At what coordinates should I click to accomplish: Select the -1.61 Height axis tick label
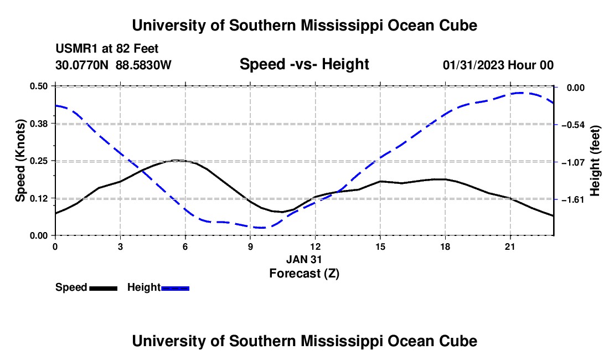pyautogui.click(x=573, y=199)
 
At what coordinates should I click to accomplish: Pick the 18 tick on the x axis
pyautogui.click(x=445, y=246)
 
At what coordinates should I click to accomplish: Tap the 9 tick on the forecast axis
pyautogui.click(x=250, y=246)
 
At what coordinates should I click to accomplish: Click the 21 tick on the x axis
pyautogui.click(x=510, y=246)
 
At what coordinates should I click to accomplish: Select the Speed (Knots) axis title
pyautogui.click(x=20, y=161)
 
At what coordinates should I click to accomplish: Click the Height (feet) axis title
pyautogui.click(x=595, y=161)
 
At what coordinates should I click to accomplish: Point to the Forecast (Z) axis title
pyautogui.click(x=304, y=274)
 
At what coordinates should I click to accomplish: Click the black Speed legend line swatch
pyautogui.click(x=104, y=288)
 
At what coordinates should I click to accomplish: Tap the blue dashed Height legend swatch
pyautogui.click(x=175, y=288)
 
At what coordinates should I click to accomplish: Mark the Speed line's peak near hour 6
pyautogui.click(x=177, y=160)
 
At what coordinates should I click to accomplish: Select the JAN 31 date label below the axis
pyautogui.click(x=304, y=259)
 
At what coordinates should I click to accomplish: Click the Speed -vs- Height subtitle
pyautogui.click(x=304, y=64)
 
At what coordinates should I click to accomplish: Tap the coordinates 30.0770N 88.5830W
pyautogui.click(x=113, y=65)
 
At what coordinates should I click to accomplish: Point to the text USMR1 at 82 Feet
pyautogui.click(x=107, y=49)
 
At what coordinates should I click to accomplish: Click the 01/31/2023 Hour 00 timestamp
pyautogui.click(x=498, y=65)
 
